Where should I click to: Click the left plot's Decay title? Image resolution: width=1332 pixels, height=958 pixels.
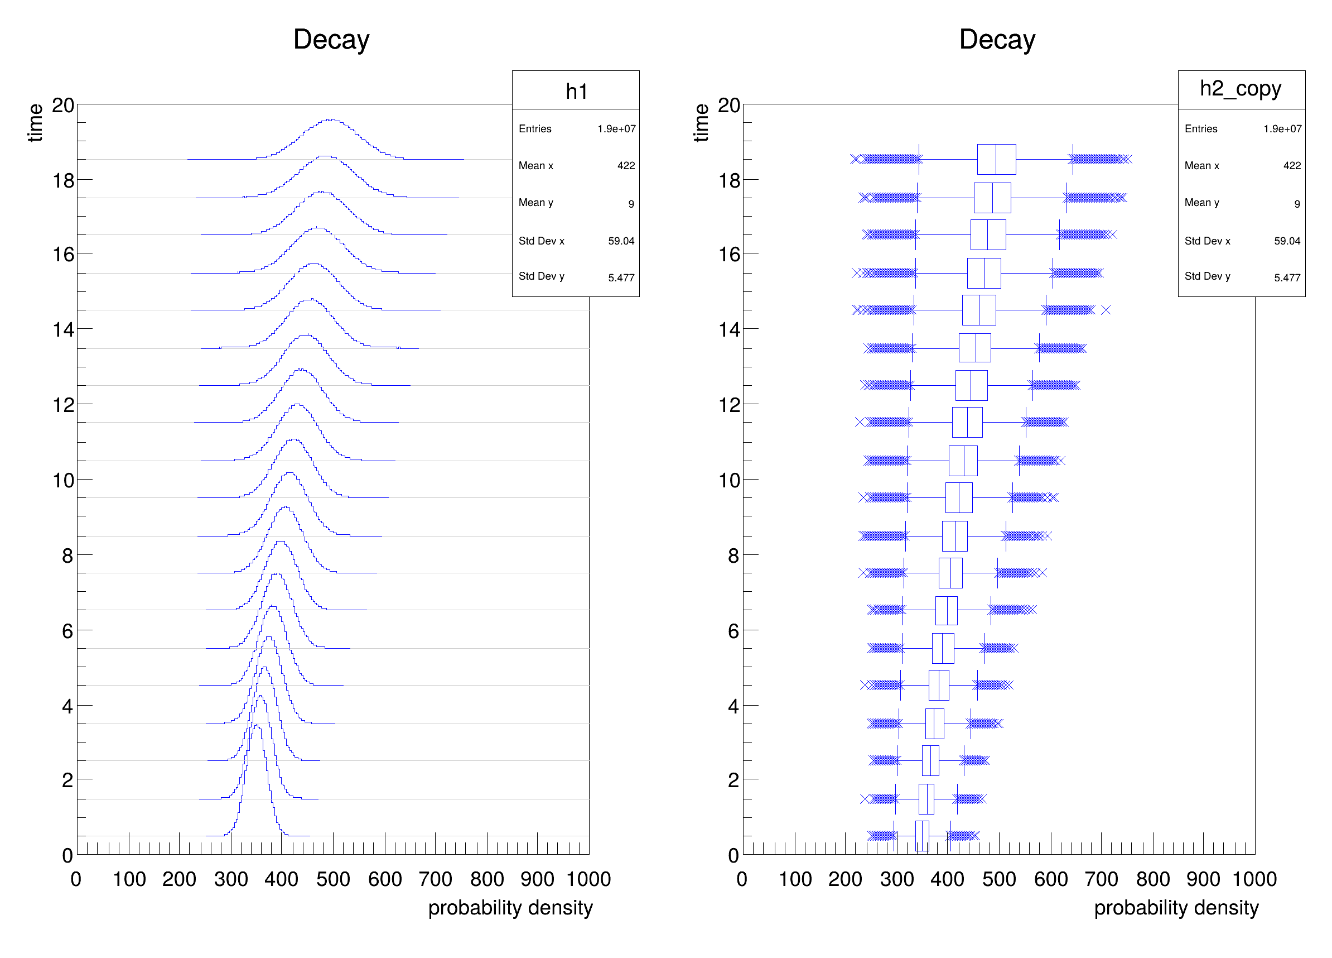[331, 40]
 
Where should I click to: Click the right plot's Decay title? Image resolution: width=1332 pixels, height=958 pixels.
[997, 40]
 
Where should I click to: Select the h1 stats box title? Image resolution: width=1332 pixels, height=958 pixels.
[576, 91]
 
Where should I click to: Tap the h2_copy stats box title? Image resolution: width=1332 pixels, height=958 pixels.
[1241, 89]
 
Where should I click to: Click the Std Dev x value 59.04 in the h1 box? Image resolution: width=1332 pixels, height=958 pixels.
[621, 241]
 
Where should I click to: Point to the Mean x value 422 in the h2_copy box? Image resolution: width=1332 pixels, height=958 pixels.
[1291, 166]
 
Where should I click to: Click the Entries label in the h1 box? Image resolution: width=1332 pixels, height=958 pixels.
[535, 129]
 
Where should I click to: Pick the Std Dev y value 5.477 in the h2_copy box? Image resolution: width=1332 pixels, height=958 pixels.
[1287, 277]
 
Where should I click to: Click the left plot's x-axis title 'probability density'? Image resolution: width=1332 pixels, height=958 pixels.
[510, 907]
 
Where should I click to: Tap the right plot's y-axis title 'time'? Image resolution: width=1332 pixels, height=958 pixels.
[701, 123]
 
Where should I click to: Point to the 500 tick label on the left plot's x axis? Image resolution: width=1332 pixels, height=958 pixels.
[333, 879]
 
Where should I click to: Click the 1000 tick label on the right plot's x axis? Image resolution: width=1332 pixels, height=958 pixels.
[1254, 879]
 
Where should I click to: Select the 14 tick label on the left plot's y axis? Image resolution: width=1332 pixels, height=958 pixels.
[64, 330]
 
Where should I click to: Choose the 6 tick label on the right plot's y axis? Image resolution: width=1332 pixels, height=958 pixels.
[733, 631]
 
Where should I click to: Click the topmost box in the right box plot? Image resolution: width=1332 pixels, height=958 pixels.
[996, 159]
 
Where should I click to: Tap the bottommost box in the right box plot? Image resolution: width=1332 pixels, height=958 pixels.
[922, 836]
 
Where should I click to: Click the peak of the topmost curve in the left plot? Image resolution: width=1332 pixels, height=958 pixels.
[332, 119]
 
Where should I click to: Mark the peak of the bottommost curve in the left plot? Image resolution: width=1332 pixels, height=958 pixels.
[257, 726]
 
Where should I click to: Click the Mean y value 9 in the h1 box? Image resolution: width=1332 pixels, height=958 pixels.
[631, 204]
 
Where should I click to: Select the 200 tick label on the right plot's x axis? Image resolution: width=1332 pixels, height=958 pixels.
[844, 879]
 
